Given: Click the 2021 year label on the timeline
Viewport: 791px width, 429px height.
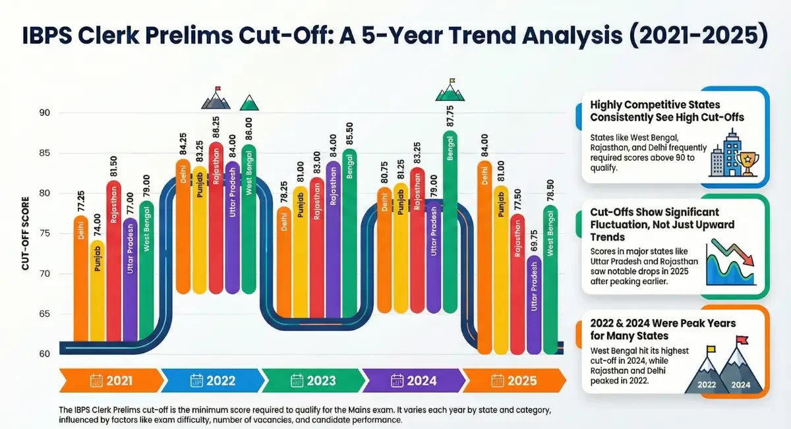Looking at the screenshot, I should click(x=119, y=380).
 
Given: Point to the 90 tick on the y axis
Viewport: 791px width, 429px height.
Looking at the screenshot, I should click(x=44, y=113).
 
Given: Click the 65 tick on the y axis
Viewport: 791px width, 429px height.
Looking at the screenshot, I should click(x=44, y=314).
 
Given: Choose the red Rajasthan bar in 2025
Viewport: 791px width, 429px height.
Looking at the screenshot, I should click(x=517, y=297).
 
